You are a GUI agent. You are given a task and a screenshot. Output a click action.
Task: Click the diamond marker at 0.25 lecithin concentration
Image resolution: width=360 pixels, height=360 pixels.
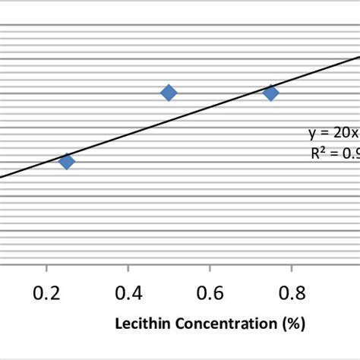click(x=67, y=161)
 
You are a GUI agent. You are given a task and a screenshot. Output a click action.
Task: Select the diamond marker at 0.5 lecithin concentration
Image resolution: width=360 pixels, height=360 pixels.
click(x=169, y=93)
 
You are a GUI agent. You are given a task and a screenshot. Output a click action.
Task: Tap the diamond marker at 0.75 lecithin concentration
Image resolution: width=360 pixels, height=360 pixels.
click(x=270, y=93)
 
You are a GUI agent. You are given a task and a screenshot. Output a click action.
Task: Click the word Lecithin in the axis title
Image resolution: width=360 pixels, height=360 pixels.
click(x=139, y=324)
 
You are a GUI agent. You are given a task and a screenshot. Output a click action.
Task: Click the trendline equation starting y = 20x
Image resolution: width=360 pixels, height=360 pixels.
click(x=333, y=133)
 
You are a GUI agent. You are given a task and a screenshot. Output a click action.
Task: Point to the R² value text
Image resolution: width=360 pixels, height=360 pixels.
click(x=335, y=153)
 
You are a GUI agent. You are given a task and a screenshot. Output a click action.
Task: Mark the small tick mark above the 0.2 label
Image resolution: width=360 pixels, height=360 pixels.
click(x=47, y=267)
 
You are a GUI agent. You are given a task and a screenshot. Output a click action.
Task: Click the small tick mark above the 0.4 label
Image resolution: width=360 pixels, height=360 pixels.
click(x=129, y=267)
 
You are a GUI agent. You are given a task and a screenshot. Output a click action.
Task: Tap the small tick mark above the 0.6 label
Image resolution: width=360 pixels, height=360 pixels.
click(x=211, y=267)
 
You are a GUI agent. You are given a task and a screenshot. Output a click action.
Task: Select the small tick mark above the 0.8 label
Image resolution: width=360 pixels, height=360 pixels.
click(x=293, y=267)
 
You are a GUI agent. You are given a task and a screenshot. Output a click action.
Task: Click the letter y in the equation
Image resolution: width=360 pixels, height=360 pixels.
click(x=312, y=134)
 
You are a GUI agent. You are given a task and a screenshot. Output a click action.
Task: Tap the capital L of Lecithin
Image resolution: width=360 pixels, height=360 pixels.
click(x=118, y=324)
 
